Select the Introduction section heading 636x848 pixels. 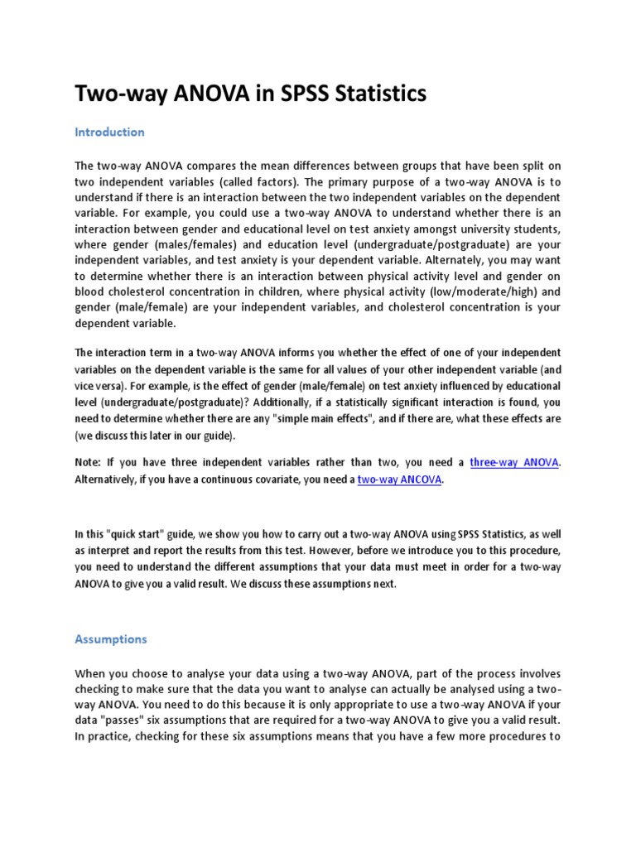tap(109, 132)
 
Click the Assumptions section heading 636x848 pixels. tap(111, 639)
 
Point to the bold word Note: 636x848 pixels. tap(90, 463)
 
